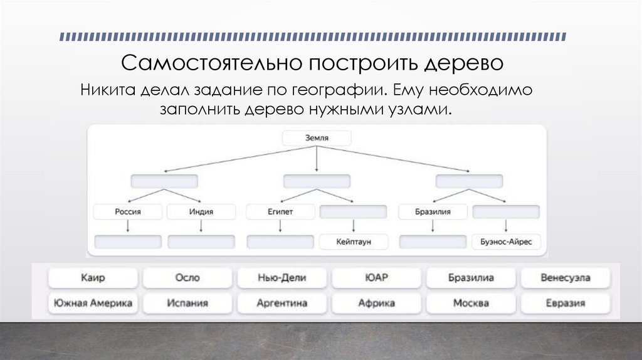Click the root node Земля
click(317, 138)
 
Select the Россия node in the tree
click(127, 212)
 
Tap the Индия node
click(201, 212)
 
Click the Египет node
click(280, 212)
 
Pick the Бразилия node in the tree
click(433, 212)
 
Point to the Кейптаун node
click(354, 242)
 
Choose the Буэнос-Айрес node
click(506, 242)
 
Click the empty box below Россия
click(127, 242)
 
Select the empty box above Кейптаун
click(354, 212)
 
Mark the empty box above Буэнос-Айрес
click(506, 212)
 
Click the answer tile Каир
click(93, 277)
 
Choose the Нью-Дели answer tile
click(282, 277)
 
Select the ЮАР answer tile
click(376, 277)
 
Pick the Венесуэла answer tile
click(565, 277)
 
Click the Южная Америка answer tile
click(93, 304)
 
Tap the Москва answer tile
click(471, 304)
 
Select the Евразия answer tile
click(565, 304)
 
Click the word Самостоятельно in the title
click(208, 63)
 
